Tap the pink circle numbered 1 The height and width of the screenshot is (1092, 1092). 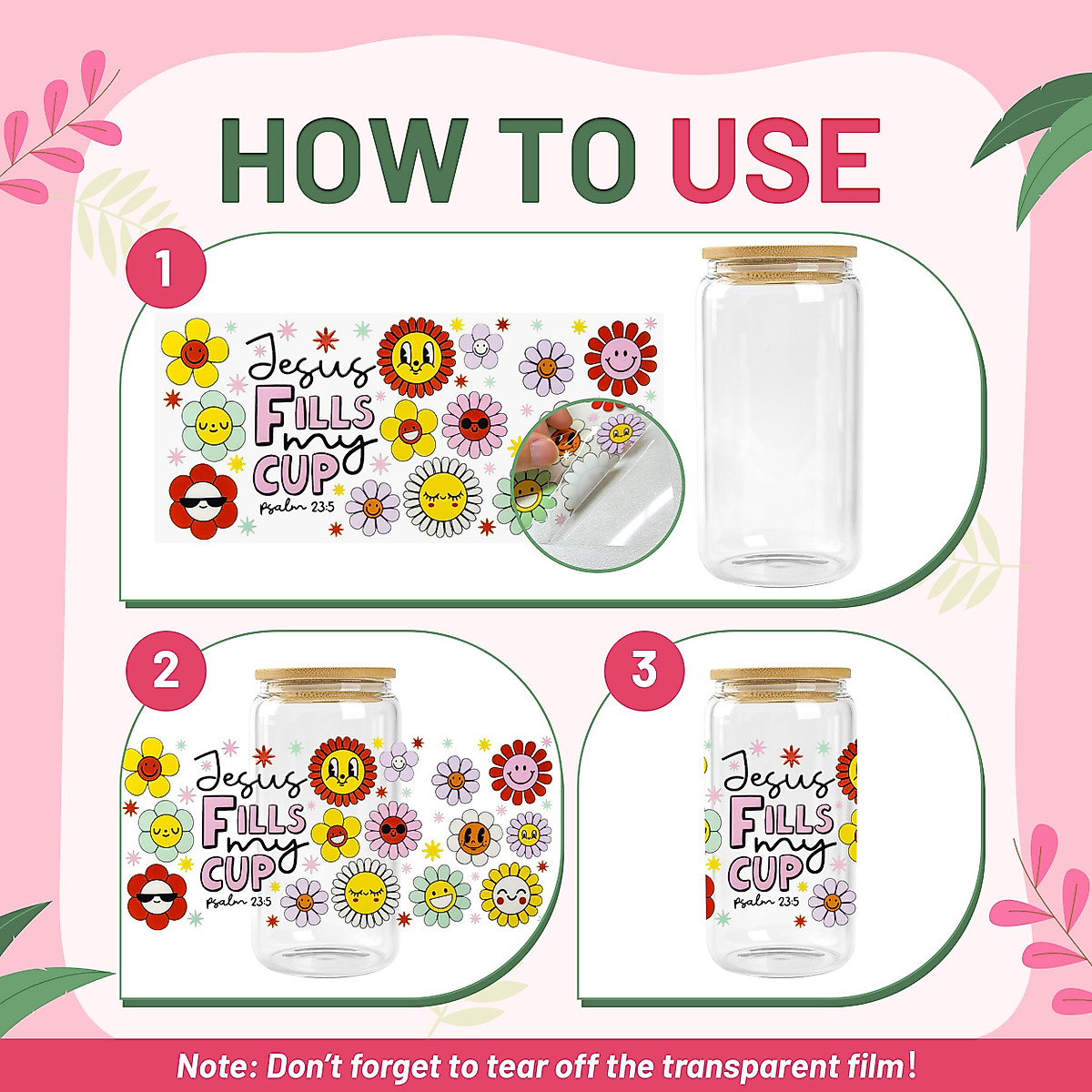(165, 272)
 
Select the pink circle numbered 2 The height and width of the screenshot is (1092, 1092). (166, 671)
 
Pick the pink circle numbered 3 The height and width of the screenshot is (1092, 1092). (644, 671)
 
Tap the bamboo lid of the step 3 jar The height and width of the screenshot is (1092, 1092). (781, 676)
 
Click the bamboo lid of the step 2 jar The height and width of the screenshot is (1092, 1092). (325, 676)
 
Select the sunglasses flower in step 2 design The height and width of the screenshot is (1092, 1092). (157, 897)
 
